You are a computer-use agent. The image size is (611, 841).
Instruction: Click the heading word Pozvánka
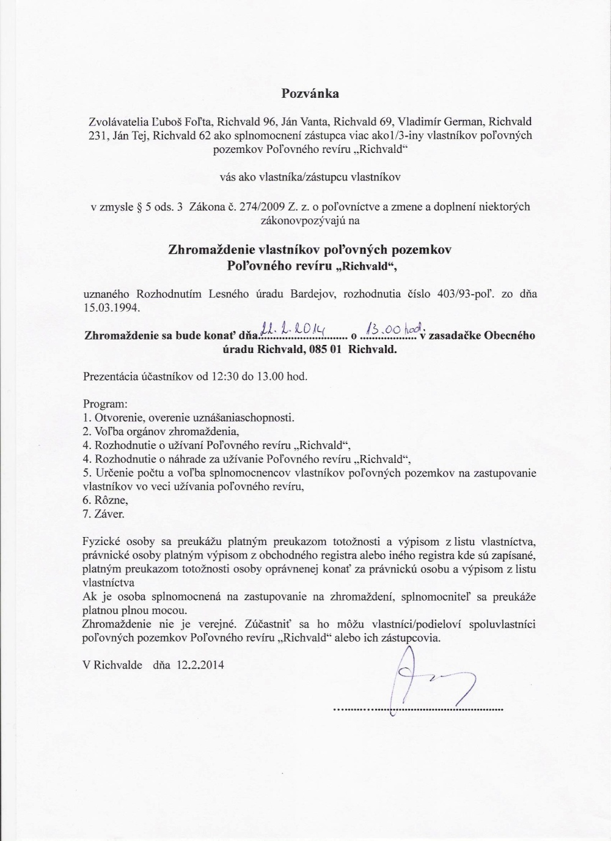tap(310, 94)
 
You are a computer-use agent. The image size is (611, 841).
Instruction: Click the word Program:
tap(105, 404)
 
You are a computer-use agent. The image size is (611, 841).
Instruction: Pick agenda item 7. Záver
tap(103, 514)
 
